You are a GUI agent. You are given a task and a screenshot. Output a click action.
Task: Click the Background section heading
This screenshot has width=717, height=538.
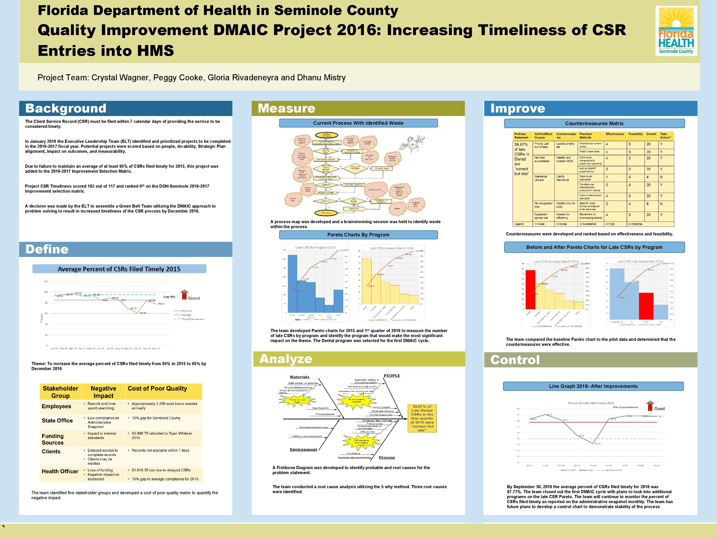[66, 108]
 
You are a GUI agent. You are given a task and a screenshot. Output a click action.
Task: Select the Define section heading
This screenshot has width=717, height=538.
[47, 249]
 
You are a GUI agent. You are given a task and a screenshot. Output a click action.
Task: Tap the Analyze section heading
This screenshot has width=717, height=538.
[285, 359]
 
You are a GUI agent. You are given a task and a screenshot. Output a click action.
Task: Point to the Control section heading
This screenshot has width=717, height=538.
[515, 360]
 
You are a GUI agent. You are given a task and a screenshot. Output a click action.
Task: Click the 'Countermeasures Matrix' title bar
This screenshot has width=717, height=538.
[594, 123]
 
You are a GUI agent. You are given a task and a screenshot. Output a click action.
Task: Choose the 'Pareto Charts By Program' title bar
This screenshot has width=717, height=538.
[358, 235]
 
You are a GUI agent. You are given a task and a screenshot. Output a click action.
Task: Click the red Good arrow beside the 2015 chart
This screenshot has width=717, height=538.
[184, 295]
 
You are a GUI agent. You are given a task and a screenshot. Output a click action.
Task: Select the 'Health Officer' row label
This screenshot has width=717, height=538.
[60, 471]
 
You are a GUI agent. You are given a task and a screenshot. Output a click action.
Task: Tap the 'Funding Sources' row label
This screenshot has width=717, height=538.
[53, 439]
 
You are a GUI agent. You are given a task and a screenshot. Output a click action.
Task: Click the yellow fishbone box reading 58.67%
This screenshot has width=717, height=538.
[422, 418]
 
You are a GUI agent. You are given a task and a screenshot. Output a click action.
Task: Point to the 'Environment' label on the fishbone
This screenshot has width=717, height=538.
[303, 449]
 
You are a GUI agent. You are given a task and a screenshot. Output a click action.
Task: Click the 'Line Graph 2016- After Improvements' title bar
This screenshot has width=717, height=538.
[593, 386]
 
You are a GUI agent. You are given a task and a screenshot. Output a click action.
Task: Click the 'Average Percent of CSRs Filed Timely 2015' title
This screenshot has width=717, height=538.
[119, 269]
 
